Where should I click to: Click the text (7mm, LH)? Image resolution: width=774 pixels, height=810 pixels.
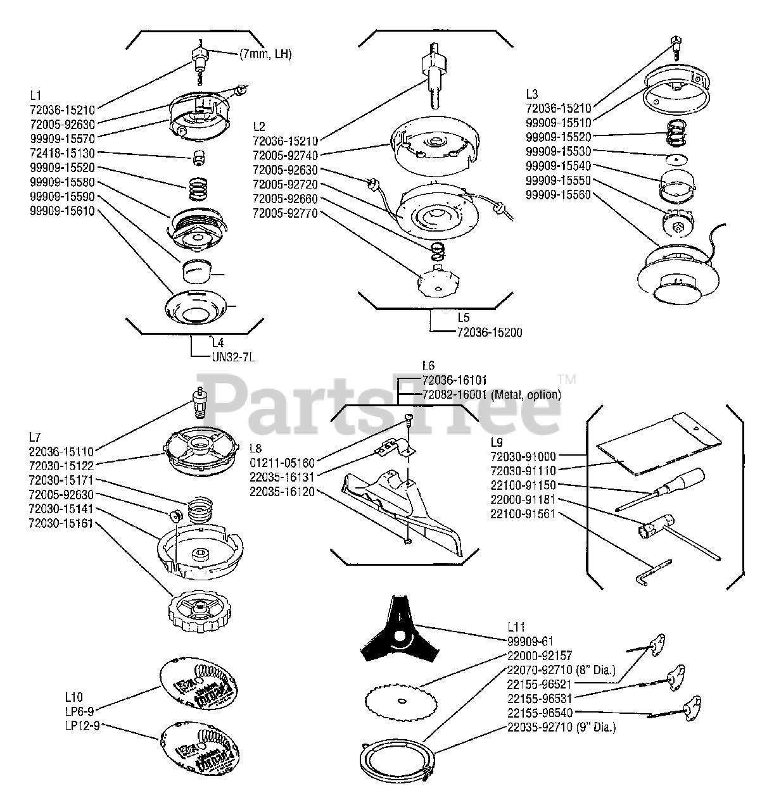pos(265,54)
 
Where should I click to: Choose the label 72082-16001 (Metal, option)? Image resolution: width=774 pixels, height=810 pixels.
pos(491,394)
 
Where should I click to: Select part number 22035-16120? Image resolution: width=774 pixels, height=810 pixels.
pos(282,491)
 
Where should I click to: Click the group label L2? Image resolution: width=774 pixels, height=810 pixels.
pos(258,125)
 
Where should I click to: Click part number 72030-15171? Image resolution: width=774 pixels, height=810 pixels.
pos(61,480)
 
